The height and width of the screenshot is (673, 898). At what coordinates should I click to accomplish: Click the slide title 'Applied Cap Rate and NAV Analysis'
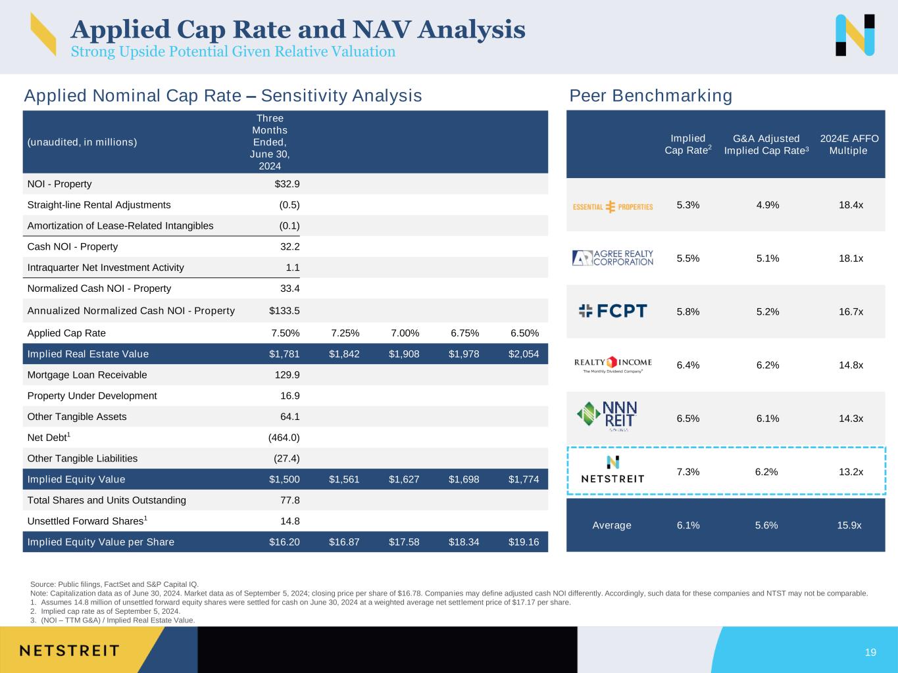coord(297,30)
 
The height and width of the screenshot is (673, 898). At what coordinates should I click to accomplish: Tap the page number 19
coord(870,653)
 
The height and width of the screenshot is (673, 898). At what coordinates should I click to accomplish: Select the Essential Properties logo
coord(613,206)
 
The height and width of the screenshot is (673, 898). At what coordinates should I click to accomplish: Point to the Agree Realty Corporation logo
coord(613,258)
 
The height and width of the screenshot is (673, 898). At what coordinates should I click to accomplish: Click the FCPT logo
coord(612,311)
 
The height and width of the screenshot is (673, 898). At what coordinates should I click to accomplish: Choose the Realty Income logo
coord(612,364)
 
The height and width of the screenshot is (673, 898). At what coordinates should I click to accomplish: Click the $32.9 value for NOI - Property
coord(287,184)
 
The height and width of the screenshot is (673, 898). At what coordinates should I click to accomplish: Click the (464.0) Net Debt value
coord(284,438)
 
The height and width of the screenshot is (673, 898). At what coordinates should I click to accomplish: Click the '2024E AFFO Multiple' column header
coord(849,145)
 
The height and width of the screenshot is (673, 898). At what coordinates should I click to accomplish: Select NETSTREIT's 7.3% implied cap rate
coord(687,472)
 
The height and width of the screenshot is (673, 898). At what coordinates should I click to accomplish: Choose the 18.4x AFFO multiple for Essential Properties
coord(851,205)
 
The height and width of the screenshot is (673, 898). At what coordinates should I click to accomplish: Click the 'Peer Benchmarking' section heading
coord(650,96)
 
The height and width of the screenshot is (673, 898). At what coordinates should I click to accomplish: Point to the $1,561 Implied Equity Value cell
coord(344,480)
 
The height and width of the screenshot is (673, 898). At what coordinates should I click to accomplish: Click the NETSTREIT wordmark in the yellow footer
coord(69,651)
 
